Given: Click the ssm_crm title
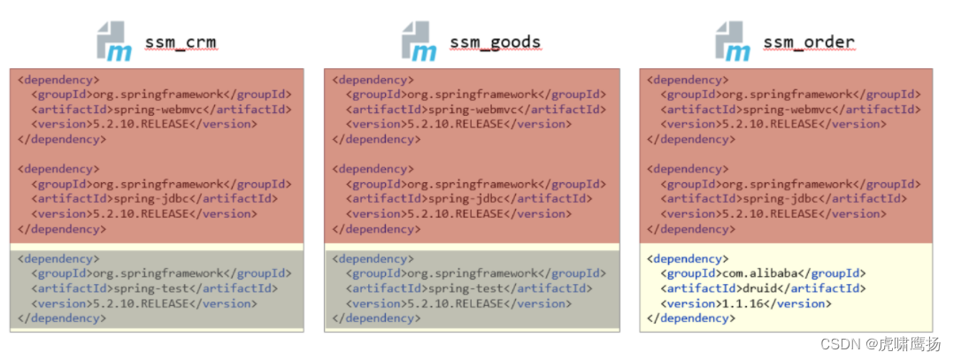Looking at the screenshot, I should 180,42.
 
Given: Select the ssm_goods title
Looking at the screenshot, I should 495,42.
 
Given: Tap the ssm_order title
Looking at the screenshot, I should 811,42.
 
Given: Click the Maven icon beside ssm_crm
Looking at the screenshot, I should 114,42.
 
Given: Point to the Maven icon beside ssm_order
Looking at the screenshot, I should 734,42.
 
